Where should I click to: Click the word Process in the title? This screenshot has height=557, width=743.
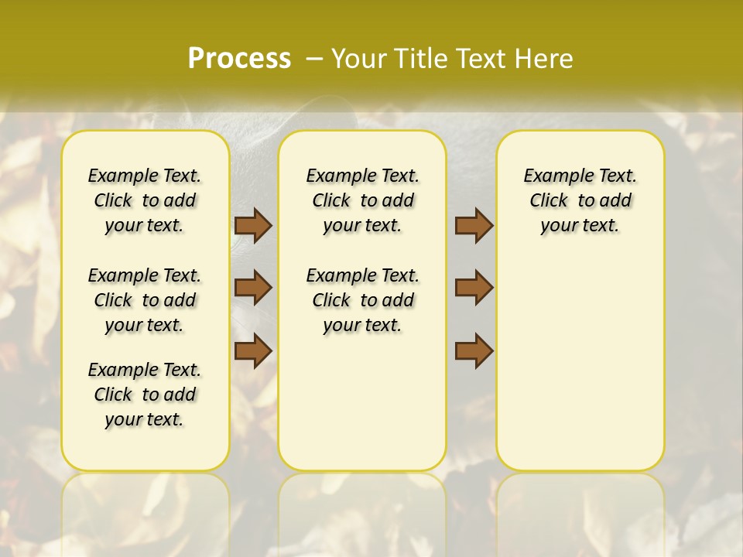[x=239, y=58]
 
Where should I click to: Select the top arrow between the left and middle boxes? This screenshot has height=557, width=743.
[x=253, y=225]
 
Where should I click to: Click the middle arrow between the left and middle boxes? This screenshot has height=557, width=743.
[x=253, y=288]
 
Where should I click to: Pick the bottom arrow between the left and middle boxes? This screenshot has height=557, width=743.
[x=253, y=350]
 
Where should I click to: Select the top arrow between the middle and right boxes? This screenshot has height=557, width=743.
[x=474, y=225]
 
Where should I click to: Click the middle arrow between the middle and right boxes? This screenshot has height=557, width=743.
[x=474, y=288]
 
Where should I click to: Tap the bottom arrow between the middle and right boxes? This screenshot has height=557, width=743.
[x=474, y=350]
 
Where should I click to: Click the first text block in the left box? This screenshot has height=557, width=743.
[x=145, y=200]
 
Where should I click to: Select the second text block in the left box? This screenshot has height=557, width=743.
[x=145, y=300]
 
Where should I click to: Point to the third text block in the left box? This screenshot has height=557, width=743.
[x=145, y=395]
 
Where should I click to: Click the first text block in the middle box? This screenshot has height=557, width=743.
[x=363, y=200]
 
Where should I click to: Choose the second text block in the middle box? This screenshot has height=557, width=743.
[x=363, y=300]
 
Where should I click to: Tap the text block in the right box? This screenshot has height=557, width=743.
[x=580, y=200]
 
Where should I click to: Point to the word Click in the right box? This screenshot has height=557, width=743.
[x=549, y=201]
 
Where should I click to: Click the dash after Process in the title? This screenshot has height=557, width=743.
[x=314, y=58]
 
